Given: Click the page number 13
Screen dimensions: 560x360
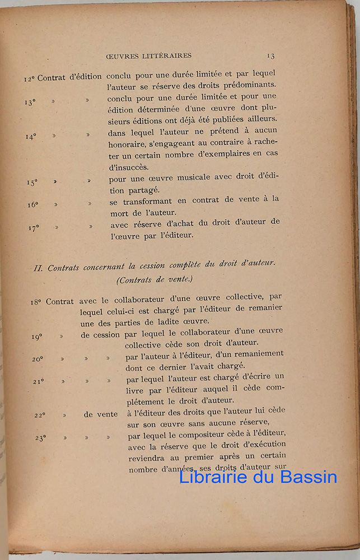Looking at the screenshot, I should click(270, 55).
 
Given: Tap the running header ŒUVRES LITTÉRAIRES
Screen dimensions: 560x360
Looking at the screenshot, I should click(148, 56).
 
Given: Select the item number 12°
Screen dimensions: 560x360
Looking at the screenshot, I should click(30, 78).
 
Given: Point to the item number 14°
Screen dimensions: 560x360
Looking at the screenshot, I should click(31, 136).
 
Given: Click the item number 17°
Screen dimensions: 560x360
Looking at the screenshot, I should click(34, 228).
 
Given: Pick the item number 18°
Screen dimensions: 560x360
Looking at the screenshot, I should click(36, 302).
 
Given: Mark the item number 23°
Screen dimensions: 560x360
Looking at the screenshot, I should click(41, 438).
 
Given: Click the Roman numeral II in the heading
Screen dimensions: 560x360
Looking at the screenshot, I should click(39, 268).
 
